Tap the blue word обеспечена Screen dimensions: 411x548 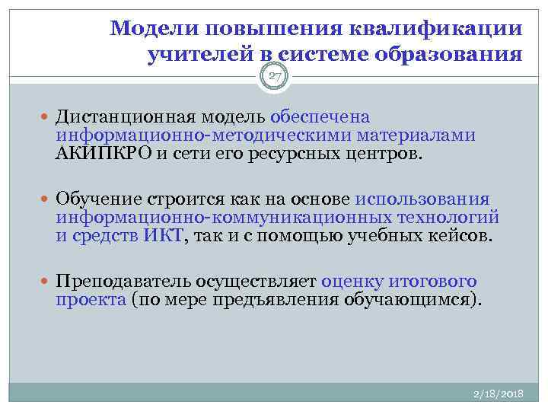320,117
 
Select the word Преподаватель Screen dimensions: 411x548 112,280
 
